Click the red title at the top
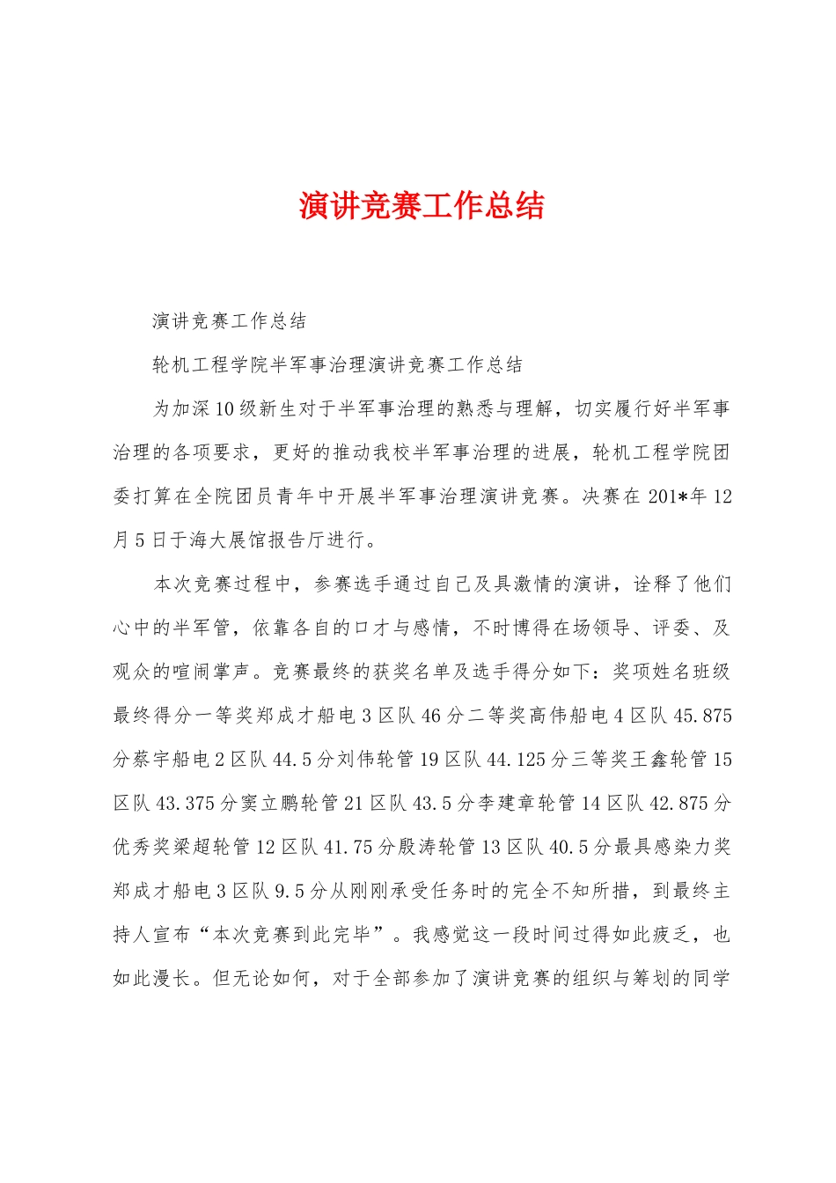422,206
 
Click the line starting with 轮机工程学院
338,365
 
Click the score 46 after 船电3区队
431,716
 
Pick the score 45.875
702,716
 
